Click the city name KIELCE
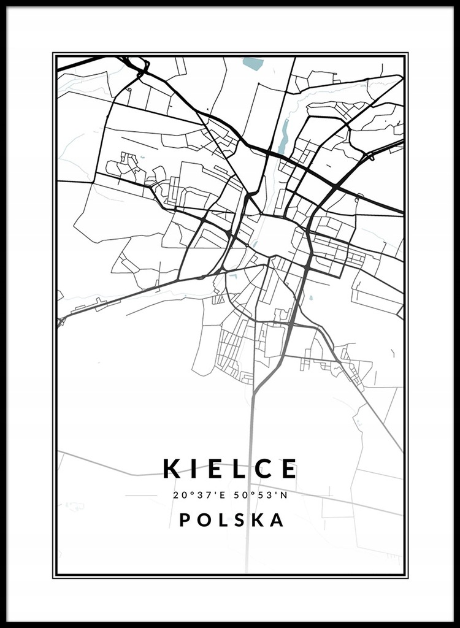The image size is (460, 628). pyautogui.click(x=230, y=469)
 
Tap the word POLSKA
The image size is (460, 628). pyautogui.click(x=232, y=520)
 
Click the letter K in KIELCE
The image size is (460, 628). pyautogui.click(x=172, y=469)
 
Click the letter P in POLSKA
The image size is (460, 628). pyautogui.click(x=185, y=520)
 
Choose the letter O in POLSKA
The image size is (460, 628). pyautogui.click(x=204, y=520)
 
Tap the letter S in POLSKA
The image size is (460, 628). pyautogui.click(x=240, y=520)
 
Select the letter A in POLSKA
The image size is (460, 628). pyautogui.click(x=278, y=520)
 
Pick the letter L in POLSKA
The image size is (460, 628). pyautogui.click(x=223, y=520)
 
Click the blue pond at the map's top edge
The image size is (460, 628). pyautogui.click(x=251, y=63)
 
